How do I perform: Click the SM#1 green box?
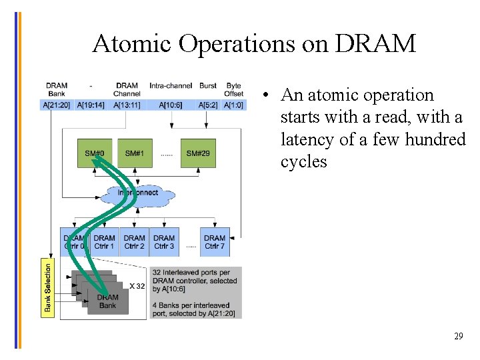pyautogui.click(x=135, y=153)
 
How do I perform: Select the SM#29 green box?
pyautogui.click(x=198, y=153)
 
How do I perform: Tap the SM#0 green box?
pyautogui.click(x=94, y=153)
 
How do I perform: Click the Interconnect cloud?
pyautogui.click(x=139, y=193)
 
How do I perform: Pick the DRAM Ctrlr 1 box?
pyautogui.click(x=104, y=242)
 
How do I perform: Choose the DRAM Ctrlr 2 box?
pyautogui.click(x=135, y=242)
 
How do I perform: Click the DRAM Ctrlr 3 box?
pyautogui.click(x=164, y=242)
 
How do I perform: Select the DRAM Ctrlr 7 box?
pyautogui.click(x=215, y=242)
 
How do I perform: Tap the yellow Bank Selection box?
pyautogui.click(x=47, y=287)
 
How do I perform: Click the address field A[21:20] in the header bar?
pyautogui.click(x=56, y=105)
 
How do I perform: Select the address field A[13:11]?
pyautogui.click(x=127, y=105)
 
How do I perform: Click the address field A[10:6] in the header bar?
pyautogui.click(x=171, y=105)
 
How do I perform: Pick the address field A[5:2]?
pyautogui.click(x=208, y=105)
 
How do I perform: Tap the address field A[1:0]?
pyautogui.click(x=233, y=105)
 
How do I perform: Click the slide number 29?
pyautogui.click(x=458, y=336)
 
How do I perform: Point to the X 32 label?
pyautogui.click(x=137, y=286)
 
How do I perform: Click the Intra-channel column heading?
pyautogui.click(x=171, y=86)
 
